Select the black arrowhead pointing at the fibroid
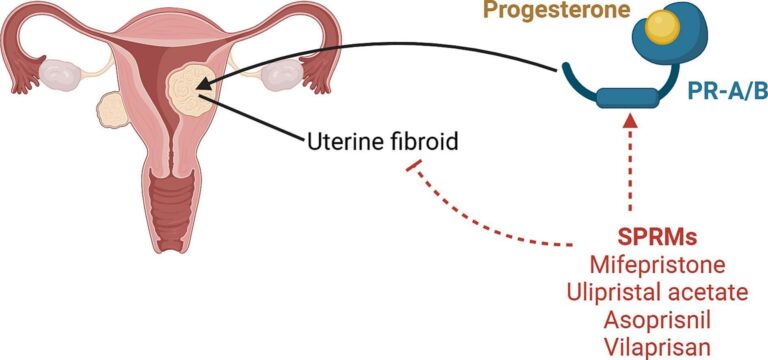pos(205,94)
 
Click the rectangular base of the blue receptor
pos(627,97)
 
